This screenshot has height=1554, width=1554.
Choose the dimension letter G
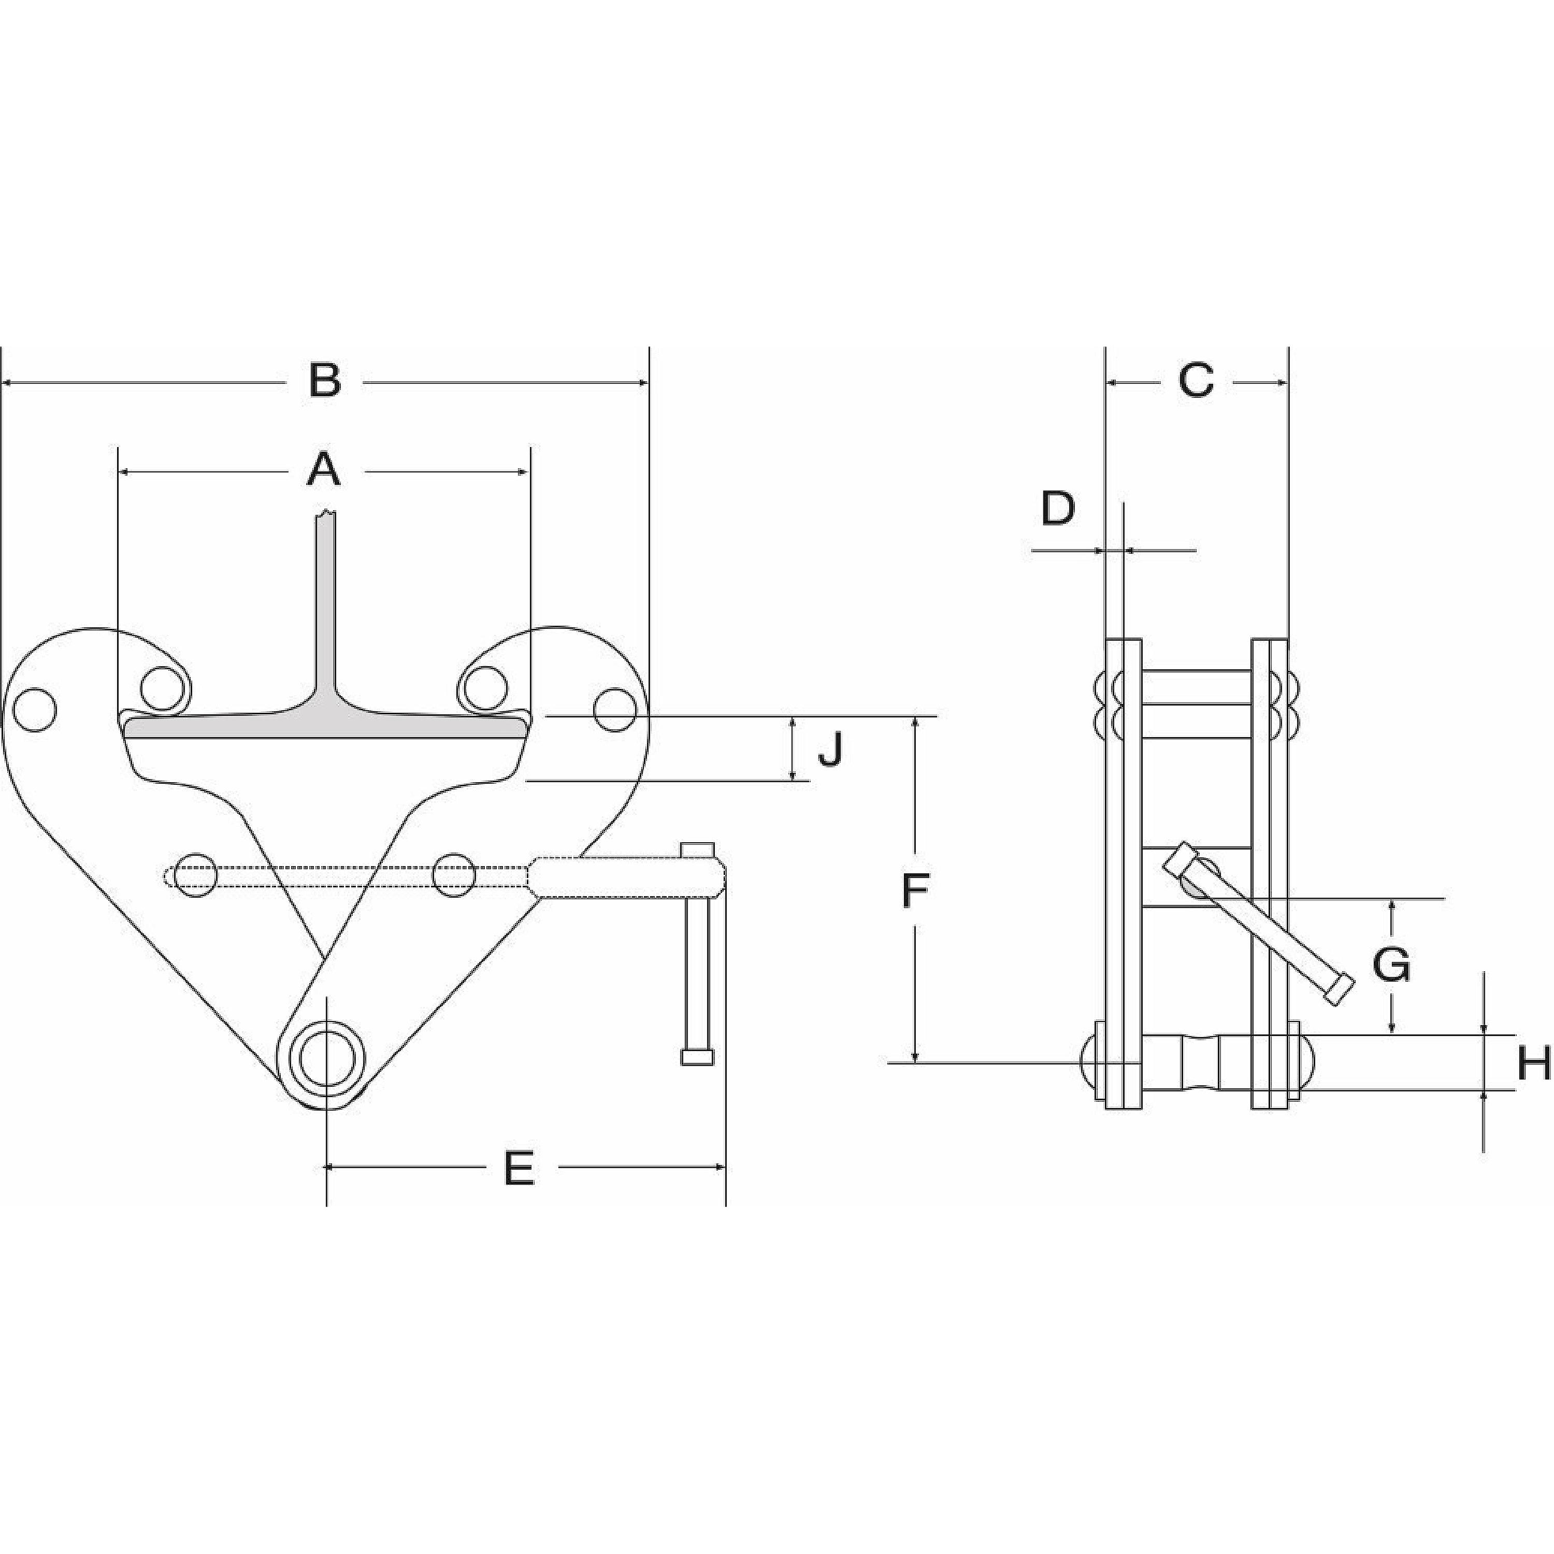point(1391,965)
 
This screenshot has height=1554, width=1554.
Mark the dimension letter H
point(1533,1063)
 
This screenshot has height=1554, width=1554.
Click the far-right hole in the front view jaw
point(616,710)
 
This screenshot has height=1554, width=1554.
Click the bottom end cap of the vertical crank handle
point(697,1057)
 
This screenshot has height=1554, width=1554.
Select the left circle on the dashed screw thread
point(195,875)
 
